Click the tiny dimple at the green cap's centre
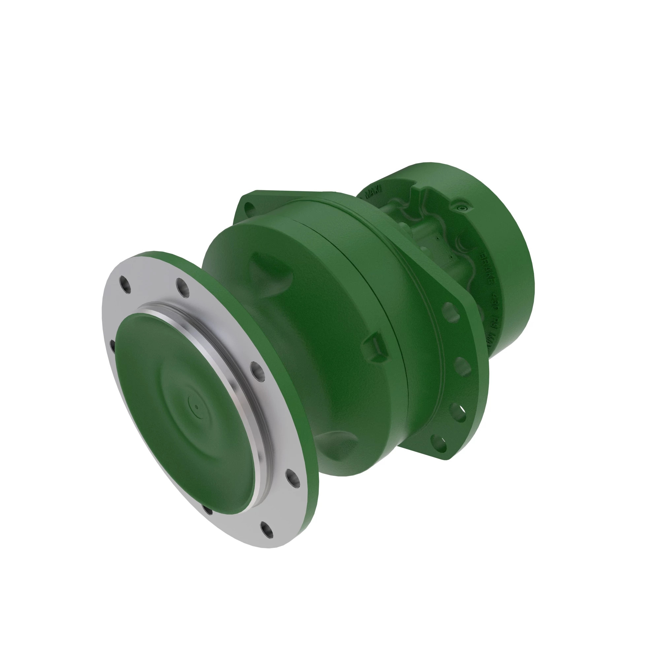(197, 407)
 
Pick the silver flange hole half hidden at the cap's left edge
(113, 346)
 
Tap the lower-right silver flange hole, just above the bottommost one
(293, 478)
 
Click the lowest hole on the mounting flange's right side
(439, 444)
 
